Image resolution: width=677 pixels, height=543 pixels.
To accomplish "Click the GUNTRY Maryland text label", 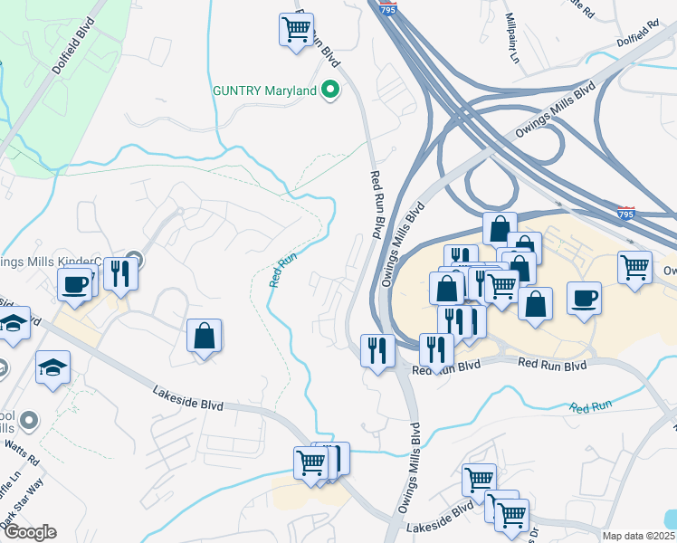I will click(263, 90).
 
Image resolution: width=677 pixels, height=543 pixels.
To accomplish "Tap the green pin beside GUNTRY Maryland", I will click(330, 90).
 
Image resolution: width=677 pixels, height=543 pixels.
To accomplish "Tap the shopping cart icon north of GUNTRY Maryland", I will click(296, 30).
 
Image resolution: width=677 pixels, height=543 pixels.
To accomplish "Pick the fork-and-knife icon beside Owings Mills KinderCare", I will click(119, 272).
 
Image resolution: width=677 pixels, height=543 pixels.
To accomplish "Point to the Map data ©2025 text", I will click(639, 536).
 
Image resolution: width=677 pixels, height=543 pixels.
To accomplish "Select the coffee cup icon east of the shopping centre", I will click(584, 298).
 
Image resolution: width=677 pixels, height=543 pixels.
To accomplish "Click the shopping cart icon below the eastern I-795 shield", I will click(635, 267).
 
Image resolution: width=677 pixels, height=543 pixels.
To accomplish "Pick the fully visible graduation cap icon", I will click(52, 367).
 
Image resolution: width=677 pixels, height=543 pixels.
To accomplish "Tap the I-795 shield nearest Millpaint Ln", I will click(387, 7).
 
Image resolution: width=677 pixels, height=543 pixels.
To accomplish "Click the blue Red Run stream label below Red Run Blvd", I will click(592, 407).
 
